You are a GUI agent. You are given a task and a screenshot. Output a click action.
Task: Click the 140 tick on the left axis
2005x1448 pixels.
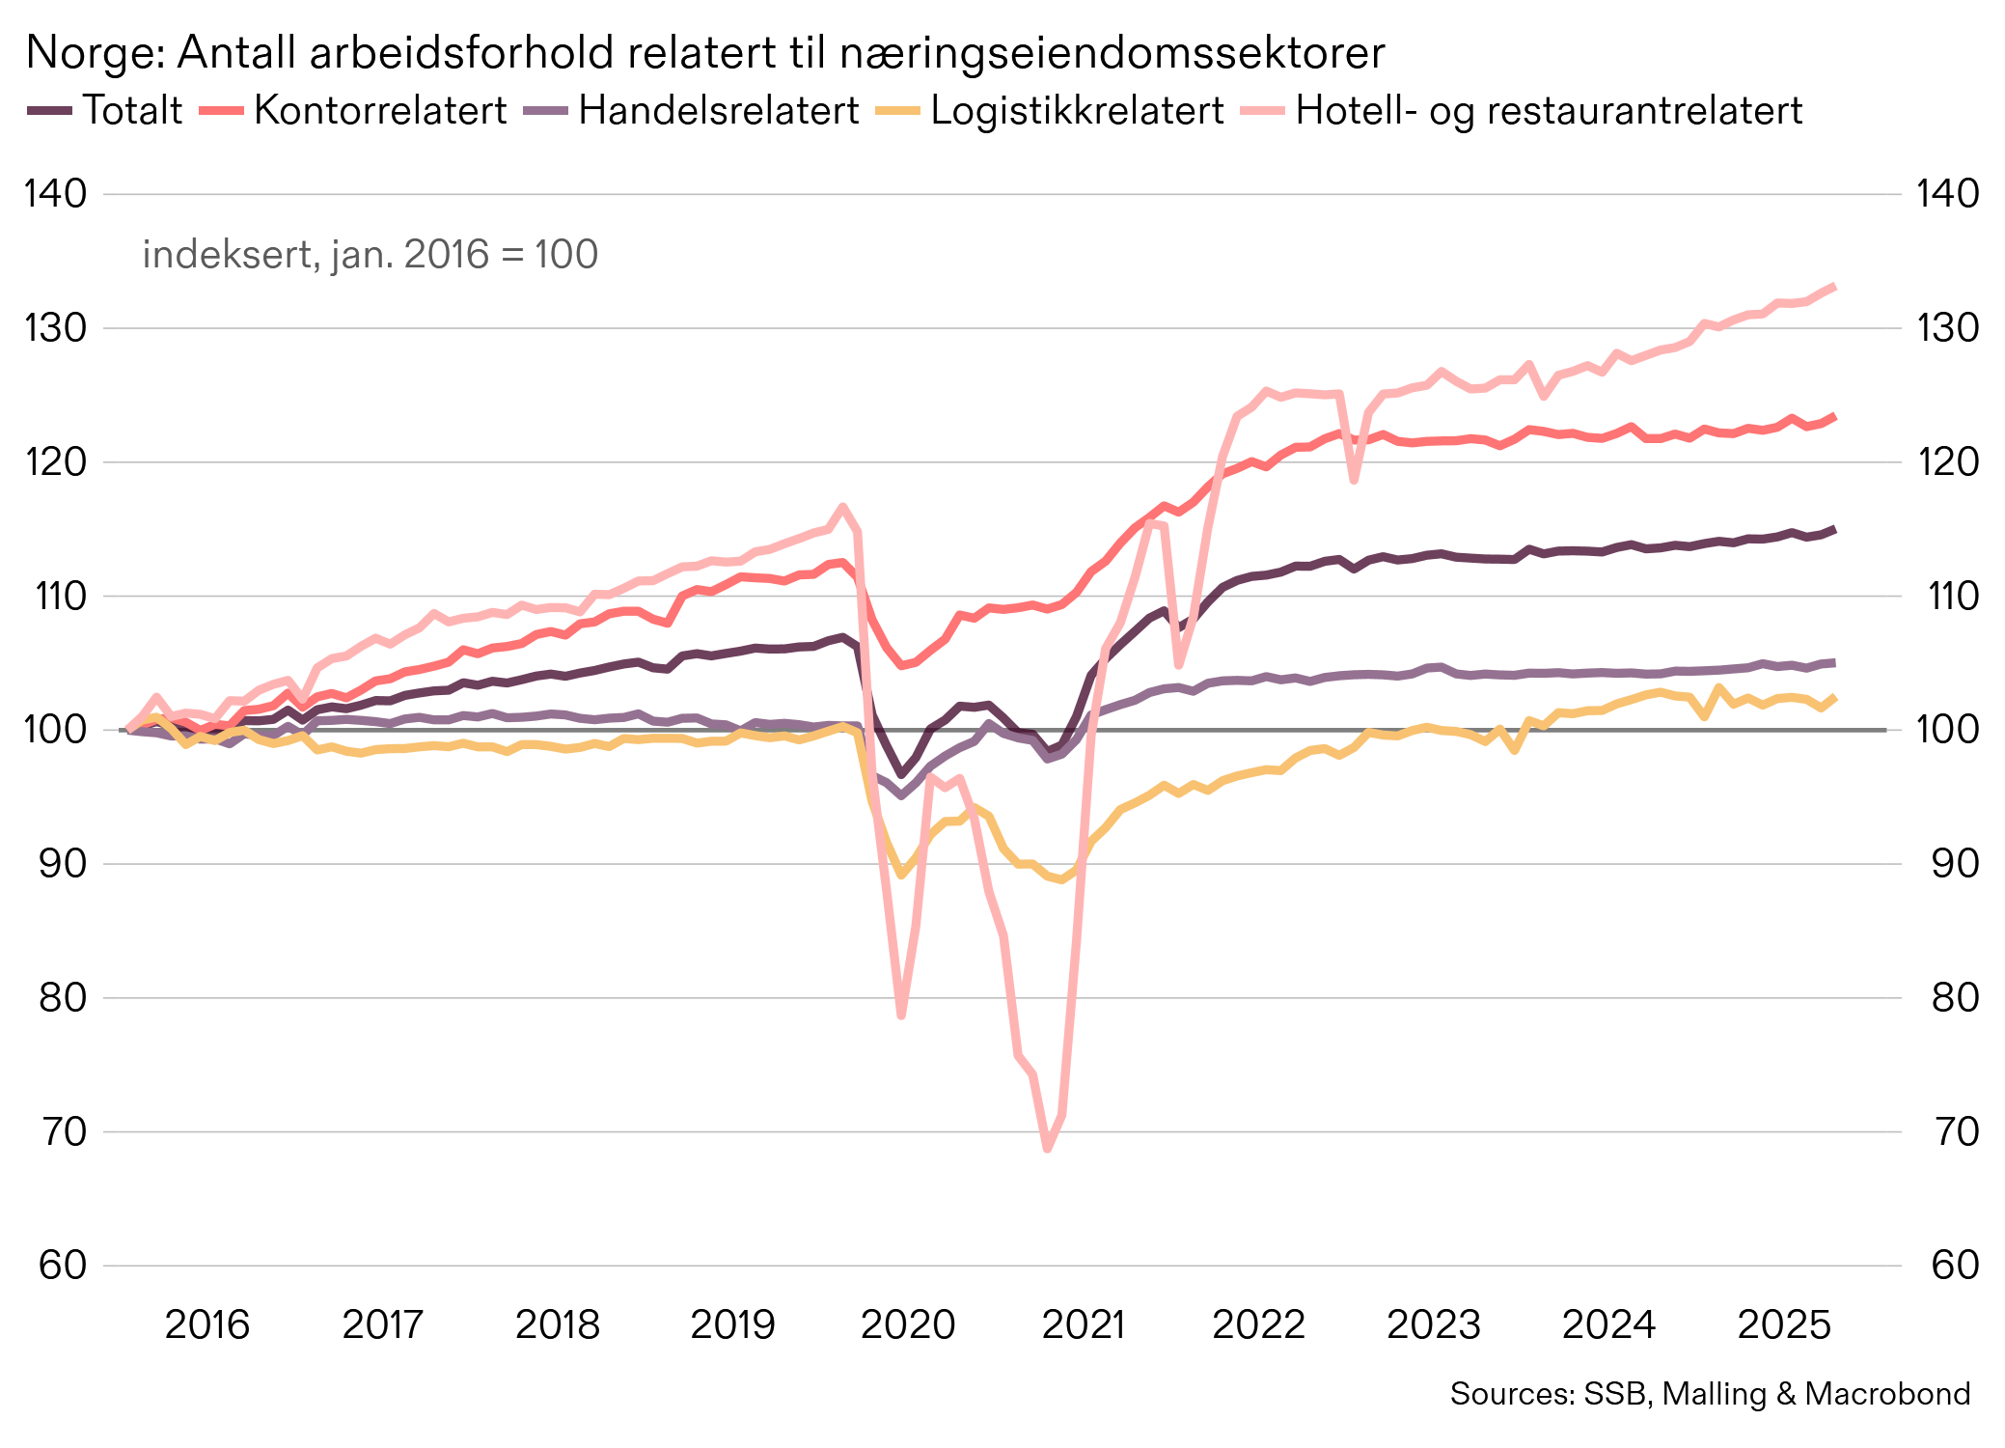(x=55, y=194)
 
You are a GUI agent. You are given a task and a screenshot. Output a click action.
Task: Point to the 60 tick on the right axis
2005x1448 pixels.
(x=1954, y=1265)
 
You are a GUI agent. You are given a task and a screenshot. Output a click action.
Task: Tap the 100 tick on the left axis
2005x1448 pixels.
(x=55, y=730)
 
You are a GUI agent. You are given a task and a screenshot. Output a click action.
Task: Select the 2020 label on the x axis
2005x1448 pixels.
(x=907, y=1324)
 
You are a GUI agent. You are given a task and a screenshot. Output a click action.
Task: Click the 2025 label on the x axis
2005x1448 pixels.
(x=1783, y=1324)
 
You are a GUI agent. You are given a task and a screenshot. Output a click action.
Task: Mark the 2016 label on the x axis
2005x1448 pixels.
(x=206, y=1324)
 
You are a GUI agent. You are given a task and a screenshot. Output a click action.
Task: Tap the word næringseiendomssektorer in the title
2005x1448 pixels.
(x=1112, y=53)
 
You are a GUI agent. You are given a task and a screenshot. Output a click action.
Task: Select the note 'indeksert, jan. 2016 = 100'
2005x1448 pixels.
(x=370, y=255)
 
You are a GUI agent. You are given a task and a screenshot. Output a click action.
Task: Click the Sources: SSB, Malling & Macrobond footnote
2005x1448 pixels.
(x=1709, y=1394)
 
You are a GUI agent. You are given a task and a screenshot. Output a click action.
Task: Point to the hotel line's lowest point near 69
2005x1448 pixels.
(x=1047, y=1148)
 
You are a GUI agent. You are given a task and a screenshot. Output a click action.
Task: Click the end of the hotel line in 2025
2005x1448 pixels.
(x=1832, y=287)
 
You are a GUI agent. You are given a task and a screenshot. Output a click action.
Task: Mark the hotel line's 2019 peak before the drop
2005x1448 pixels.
(x=843, y=507)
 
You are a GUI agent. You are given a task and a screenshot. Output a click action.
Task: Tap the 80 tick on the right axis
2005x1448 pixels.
(x=1954, y=997)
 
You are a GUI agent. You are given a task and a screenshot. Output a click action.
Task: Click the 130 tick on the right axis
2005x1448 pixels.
(x=1954, y=328)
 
